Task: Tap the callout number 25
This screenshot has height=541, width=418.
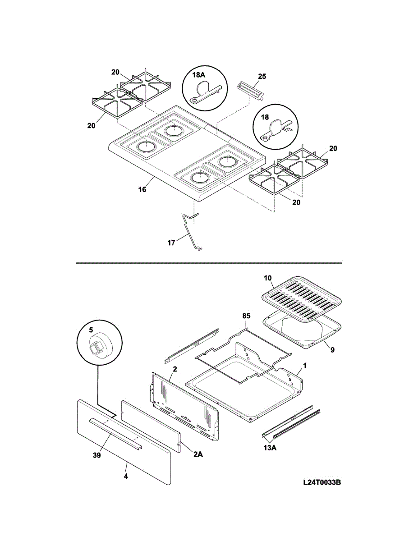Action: tap(262, 76)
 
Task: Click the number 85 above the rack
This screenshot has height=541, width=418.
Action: tap(246, 316)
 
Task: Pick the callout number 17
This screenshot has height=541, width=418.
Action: tap(171, 243)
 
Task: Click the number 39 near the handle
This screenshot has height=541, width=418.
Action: tap(97, 455)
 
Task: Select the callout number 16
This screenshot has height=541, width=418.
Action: tap(142, 189)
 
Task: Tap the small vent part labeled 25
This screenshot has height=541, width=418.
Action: tap(251, 91)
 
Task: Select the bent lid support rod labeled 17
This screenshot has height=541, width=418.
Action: tap(192, 232)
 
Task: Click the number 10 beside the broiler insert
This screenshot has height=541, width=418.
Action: tap(268, 278)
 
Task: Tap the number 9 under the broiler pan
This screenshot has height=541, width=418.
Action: tap(332, 350)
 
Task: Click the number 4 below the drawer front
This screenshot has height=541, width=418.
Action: tap(126, 477)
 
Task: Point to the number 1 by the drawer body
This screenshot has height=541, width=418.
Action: tap(305, 366)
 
